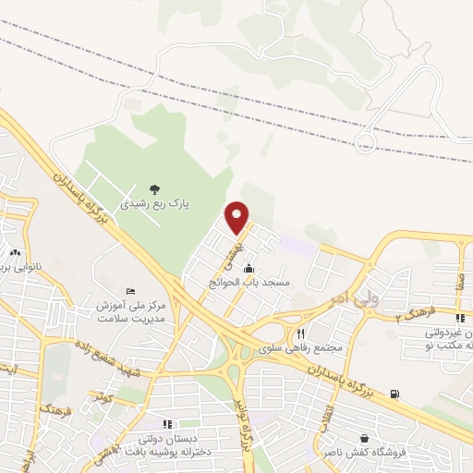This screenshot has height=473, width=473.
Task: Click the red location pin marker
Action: pos(237,217)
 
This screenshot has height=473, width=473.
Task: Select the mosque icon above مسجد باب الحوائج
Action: pos(249,269)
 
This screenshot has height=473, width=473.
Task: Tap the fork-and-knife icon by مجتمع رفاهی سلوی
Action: pos(300,334)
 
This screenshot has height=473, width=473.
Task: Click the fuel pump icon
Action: pos(396,394)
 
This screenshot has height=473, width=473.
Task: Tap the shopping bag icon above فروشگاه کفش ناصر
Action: pos(364,438)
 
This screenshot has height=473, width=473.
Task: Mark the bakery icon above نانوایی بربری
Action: pos(15,251)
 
